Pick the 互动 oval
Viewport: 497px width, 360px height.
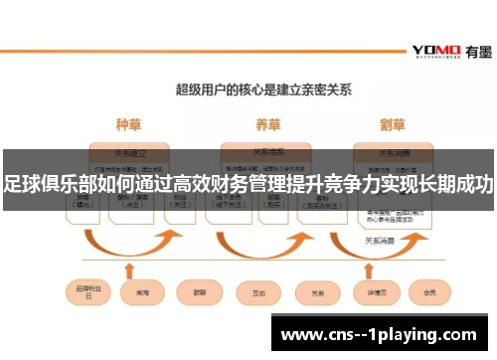(258, 294)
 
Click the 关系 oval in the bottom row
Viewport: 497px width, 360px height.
(318, 294)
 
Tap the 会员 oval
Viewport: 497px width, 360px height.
(429, 294)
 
